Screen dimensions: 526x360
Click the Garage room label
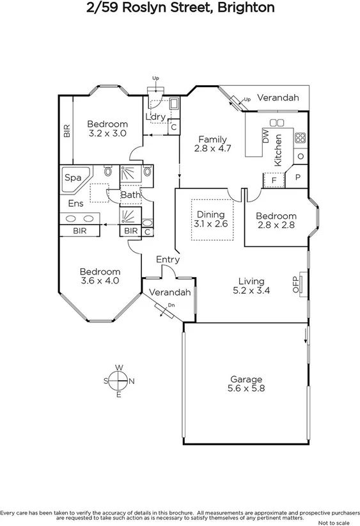click(x=246, y=379)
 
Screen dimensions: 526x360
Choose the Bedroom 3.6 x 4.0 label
click(x=100, y=271)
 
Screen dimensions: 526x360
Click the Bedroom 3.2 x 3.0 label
click(x=107, y=124)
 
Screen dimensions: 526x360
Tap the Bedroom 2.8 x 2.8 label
click(x=277, y=216)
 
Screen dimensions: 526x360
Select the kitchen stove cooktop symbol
click(x=300, y=136)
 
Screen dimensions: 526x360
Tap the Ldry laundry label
click(x=155, y=116)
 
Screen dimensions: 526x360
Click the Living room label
click(x=251, y=281)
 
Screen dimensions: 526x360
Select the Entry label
click(x=168, y=260)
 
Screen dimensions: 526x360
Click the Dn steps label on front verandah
click(x=171, y=305)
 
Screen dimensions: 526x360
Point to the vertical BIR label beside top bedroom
click(x=66, y=131)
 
